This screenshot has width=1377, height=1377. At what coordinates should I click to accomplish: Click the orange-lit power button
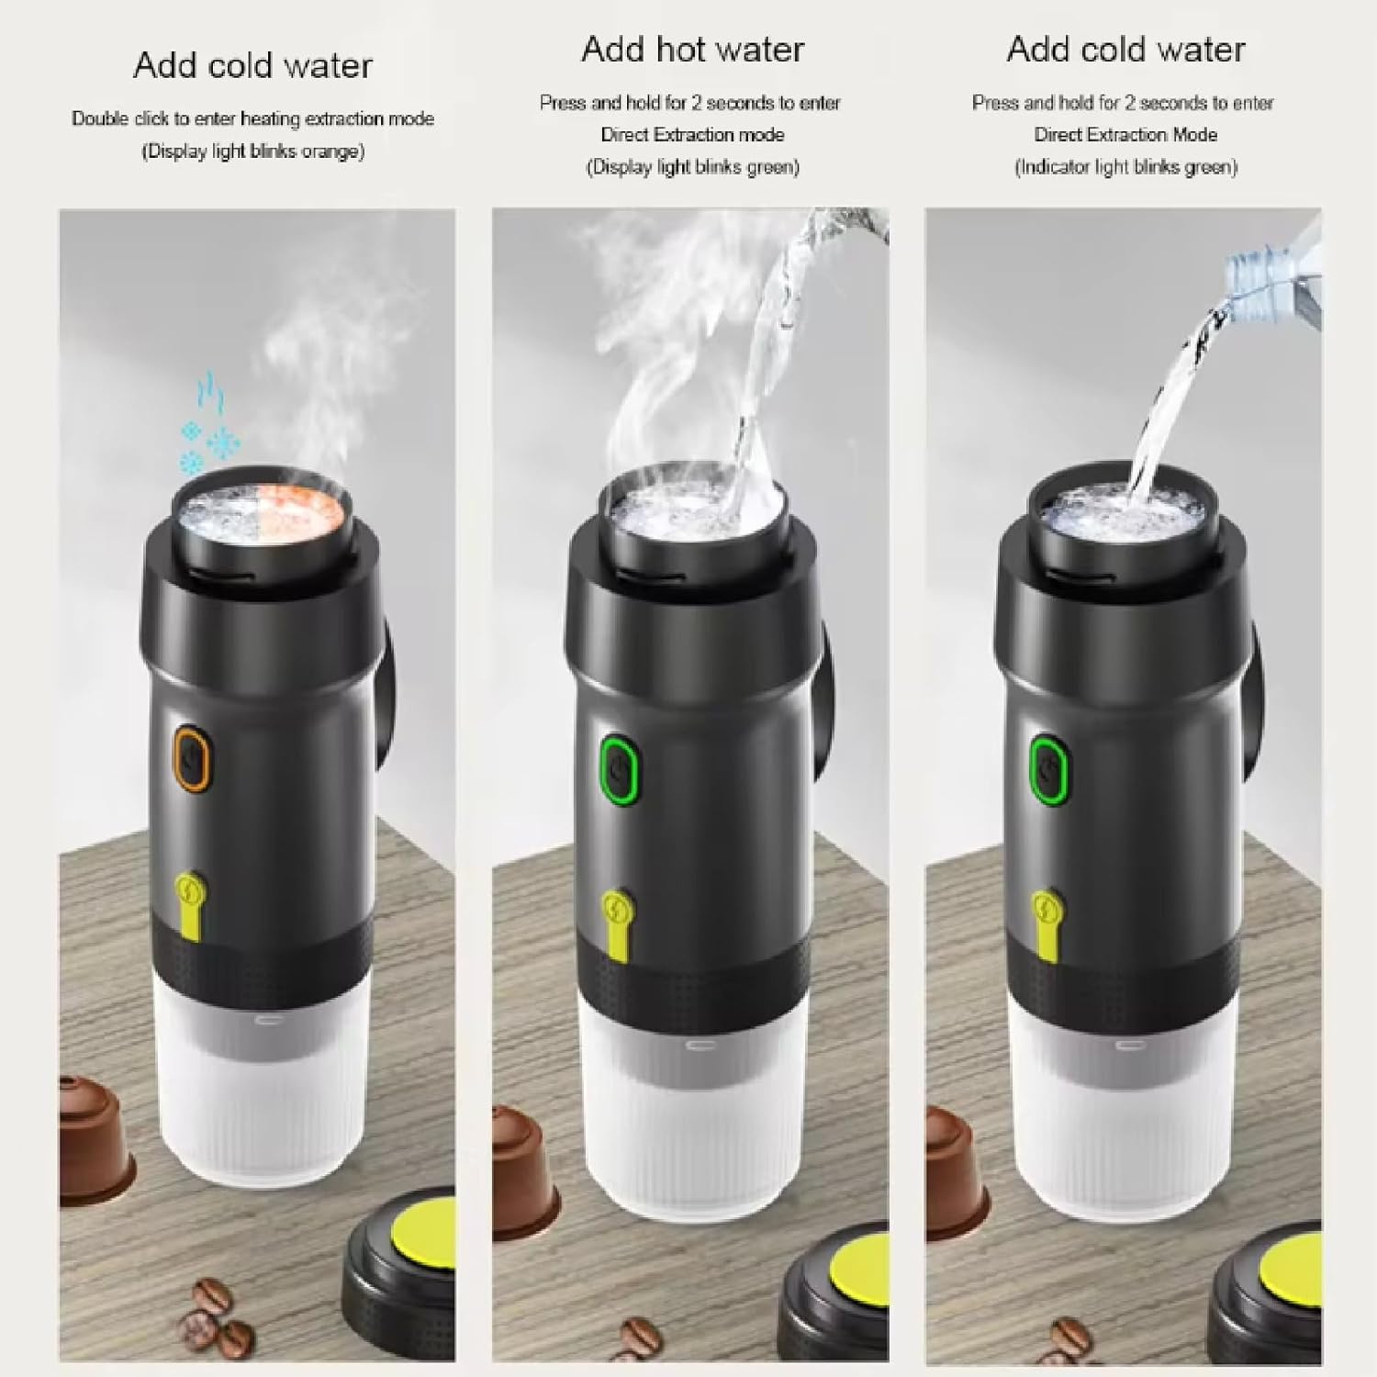pyautogui.click(x=192, y=759)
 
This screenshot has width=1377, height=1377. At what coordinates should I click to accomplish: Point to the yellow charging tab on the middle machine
pyautogui.click(x=618, y=919)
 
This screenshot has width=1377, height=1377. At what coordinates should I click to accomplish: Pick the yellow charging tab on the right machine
pyautogui.click(x=1047, y=918)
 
